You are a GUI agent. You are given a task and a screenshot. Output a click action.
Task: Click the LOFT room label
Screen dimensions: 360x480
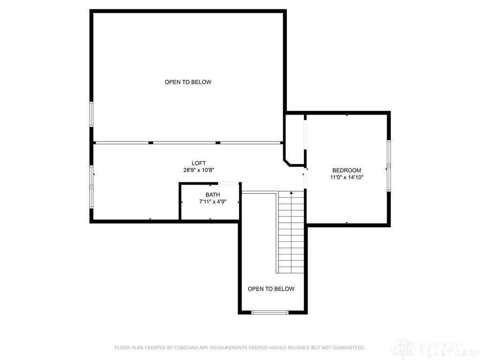[199, 163]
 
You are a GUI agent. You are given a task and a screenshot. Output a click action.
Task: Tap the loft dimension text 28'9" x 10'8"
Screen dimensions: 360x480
[199, 171]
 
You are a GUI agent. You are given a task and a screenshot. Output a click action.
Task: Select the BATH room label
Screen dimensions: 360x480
[212, 195]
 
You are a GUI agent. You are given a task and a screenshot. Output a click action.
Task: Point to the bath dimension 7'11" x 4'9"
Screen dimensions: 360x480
[212, 202]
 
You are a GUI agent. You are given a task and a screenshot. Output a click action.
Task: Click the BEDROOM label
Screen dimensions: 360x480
[346, 170]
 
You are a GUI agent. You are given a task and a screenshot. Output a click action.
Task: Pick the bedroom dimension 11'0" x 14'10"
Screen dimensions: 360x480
[346, 178]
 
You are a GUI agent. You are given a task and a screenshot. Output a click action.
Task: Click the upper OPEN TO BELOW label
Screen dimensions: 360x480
[188, 82]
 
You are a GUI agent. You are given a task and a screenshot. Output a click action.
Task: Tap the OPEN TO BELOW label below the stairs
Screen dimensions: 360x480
[271, 289]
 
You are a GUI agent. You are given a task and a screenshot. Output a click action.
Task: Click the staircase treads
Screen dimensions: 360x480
[291, 234]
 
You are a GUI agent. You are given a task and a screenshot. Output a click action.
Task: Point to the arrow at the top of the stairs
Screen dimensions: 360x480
[291, 192]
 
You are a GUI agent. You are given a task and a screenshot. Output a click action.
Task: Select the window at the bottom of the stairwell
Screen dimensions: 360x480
[270, 312]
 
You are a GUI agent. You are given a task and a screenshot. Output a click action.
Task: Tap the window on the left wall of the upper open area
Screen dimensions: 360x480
[92, 114]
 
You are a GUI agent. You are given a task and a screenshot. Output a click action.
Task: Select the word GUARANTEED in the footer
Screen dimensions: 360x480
[347, 348]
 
